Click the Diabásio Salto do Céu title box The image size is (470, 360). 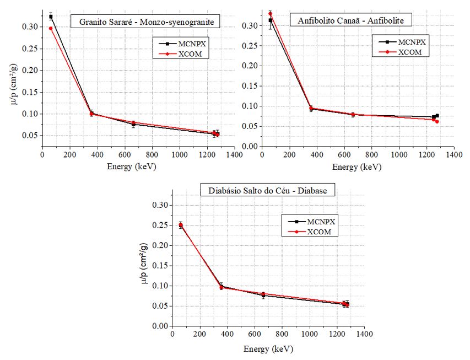pyautogui.click(x=268, y=191)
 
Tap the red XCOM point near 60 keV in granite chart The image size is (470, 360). pyautogui.click(x=51, y=28)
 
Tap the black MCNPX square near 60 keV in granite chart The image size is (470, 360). pyautogui.click(x=51, y=17)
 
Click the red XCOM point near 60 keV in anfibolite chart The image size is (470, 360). pyautogui.click(x=270, y=14)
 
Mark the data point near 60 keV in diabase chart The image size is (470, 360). pyautogui.click(x=181, y=225)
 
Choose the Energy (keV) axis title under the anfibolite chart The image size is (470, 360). pyautogui.click(x=358, y=166)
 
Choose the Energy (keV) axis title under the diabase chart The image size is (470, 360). pyautogui.click(x=268, y=349)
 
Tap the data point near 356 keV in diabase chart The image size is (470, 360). pyautogui.click(x=222, y=287)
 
